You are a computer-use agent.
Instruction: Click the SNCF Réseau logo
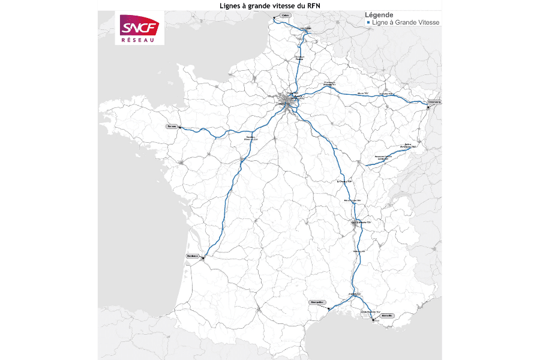pos(140,29)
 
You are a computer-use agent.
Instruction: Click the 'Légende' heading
pos(379,14)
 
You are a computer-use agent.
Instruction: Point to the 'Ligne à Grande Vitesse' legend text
pos(406,22)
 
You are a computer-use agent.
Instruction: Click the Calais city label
pos(285,16)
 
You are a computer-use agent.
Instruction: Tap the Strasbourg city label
pos(434,102)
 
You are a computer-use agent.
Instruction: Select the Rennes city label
pos(173,127)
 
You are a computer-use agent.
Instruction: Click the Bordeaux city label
pos(192,256)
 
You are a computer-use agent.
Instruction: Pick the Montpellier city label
pos(317,302)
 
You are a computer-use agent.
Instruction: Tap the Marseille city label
pos(386,316)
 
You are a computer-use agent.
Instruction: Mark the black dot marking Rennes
pos(180,128)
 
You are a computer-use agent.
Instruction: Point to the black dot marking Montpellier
pos(328,308)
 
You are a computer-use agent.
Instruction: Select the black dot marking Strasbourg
pos(427,108)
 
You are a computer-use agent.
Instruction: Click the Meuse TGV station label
pos(362,94)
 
